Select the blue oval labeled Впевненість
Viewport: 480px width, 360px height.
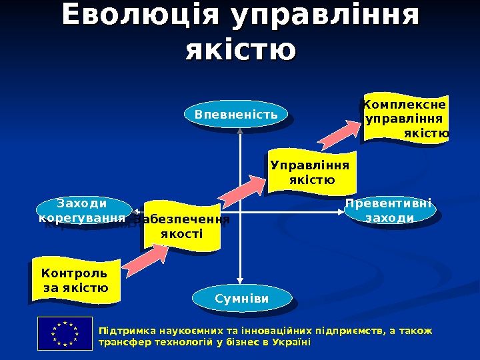click(x=236, y=115)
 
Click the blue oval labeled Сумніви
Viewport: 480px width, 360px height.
click(x=242, y=298)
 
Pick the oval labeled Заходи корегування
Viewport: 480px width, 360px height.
click(x=81, y=210)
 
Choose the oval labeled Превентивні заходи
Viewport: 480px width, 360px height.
click(x=389, y=211)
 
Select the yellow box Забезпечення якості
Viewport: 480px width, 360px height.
click(x=182, y=227)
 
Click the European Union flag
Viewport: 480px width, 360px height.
click(x=65, y=333)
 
